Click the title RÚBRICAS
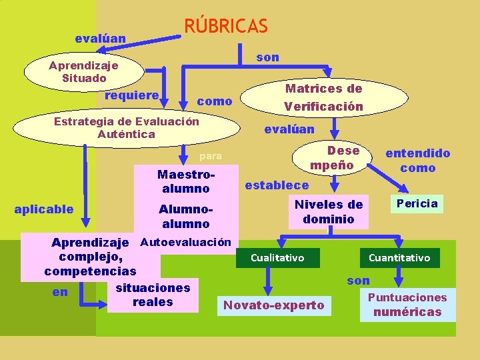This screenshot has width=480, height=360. click(x=225, y=26)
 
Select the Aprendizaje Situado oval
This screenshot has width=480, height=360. click(x=83, y=72)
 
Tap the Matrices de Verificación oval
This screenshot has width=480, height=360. click(x=323, y=97)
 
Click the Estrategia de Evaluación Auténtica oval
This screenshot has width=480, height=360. click(x=126, y=127)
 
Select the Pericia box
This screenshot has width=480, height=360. click(x=417, y=203)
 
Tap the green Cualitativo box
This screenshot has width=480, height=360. click(x=277, y=257)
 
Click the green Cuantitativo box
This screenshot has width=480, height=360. click(x=399, y=257)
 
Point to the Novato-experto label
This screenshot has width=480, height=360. click(x=274, y=305)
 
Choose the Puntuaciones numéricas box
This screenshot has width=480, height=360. click(x=407, y=305)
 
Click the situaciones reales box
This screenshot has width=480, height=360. click(x=153, y=295)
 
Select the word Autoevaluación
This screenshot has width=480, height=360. click(x=186, y=241)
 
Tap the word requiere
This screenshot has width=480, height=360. click(x=132, y=95)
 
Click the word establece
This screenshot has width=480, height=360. click(x=277, y=185)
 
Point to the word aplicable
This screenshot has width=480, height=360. click(x=44, y=209)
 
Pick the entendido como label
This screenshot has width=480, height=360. click(x=418, y=160)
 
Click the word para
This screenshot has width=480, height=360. click(x=211, y=156)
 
